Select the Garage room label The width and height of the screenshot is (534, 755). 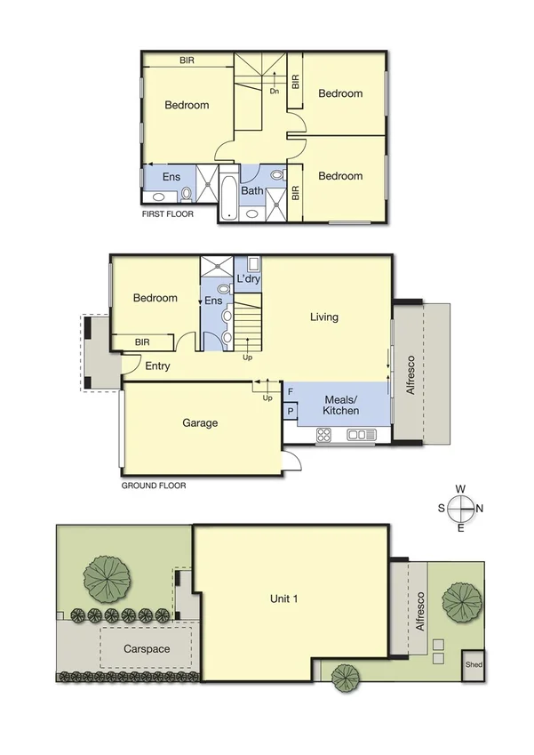pos(200,423)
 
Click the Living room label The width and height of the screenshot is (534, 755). pos(323,317)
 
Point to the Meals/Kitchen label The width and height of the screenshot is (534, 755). pos(340,405)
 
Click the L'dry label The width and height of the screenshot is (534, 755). pos(248,279)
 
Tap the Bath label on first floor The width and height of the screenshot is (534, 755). pos(251,190)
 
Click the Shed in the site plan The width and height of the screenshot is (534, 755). pos(473,664)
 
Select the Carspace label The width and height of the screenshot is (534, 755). pos(147,649)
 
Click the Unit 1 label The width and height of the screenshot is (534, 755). pos(283,598)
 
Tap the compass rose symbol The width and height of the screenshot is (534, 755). pos(461,509)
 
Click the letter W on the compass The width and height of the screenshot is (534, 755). pos(460,489)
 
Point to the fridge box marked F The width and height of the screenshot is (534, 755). pos(290,392)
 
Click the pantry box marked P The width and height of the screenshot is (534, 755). pos(290,411)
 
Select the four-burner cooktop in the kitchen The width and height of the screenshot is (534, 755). pos(324,435)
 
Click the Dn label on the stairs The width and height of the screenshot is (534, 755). pos(275,91)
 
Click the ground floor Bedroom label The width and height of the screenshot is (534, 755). pos(155,298)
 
